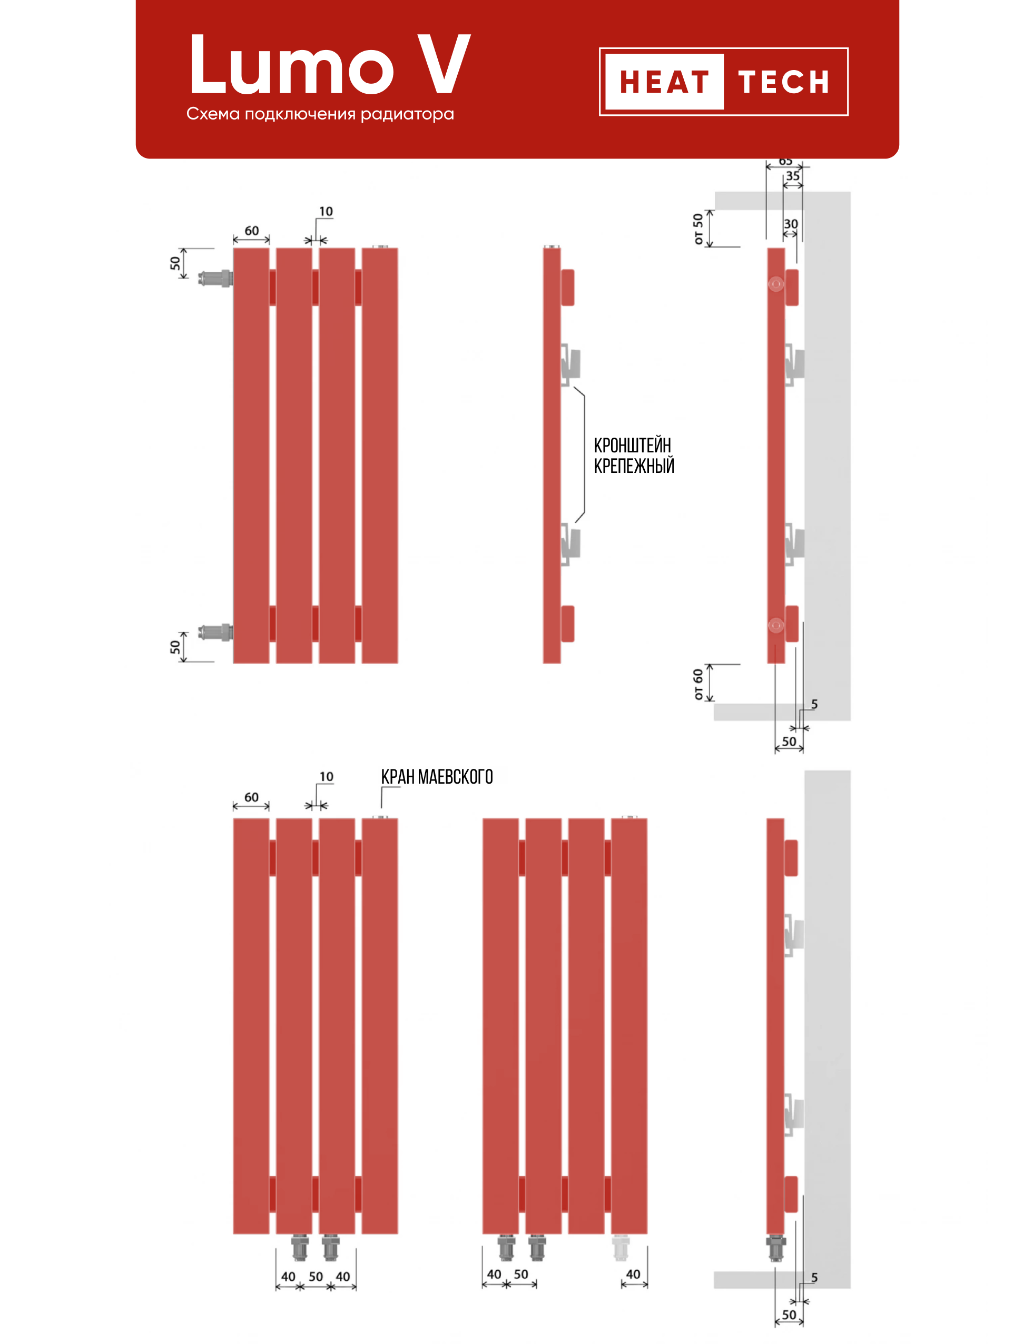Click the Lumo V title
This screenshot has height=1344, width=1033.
coord(329,65)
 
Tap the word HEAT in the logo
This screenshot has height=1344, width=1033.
coord(664,82)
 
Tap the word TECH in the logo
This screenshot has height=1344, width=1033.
coord(784,82)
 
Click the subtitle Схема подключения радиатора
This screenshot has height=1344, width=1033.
coord(320,114)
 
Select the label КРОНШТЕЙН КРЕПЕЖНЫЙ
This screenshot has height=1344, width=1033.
coord(633,456)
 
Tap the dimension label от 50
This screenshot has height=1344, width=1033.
coord(698,229)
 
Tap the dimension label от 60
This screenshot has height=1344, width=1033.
coord(698,684)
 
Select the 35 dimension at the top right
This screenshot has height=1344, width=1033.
coord(793,176)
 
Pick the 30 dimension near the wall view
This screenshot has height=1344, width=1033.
coord(791,224)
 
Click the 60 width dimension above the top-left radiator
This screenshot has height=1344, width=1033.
coord(251,231)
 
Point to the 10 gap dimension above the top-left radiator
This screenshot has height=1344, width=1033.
coord(326,212)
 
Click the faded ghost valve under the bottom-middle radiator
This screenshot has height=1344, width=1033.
coord(621,1248)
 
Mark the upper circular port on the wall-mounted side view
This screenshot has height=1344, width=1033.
coord(776,284)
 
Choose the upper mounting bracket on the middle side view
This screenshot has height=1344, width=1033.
coord(570,364)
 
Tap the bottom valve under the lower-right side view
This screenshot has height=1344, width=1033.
coord(776,1248)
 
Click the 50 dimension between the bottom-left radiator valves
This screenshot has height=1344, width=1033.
coord(316,1277)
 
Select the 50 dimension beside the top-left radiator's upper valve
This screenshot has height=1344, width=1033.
coord(175,263)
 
